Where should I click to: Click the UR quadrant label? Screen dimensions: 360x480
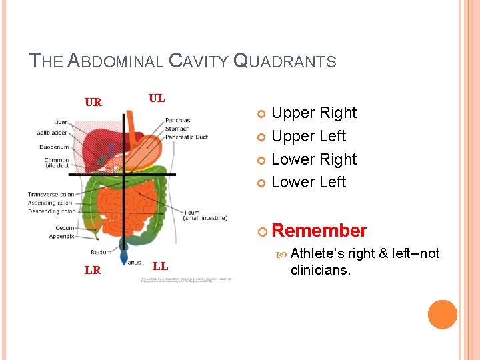pos(93,102)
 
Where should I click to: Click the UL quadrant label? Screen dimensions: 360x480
pos(157,98)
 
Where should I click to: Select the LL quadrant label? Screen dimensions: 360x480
pos(160,267)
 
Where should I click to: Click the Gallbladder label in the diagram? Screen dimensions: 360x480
pos(52,133)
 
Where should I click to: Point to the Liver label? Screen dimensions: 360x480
pos(61,123)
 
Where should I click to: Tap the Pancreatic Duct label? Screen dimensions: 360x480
pos(187,137)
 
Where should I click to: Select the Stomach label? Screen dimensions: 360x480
pos(177,129)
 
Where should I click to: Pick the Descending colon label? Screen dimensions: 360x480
pos(51,211)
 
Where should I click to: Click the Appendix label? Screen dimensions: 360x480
pos(61,236)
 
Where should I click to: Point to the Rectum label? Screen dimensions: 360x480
pos(101,252)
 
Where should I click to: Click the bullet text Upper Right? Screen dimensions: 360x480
pos(314,113)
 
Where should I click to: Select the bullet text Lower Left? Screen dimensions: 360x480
pos(309,182)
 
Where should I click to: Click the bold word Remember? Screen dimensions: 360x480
pos(319,231)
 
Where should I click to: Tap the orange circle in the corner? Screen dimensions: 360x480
pos(443,315)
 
